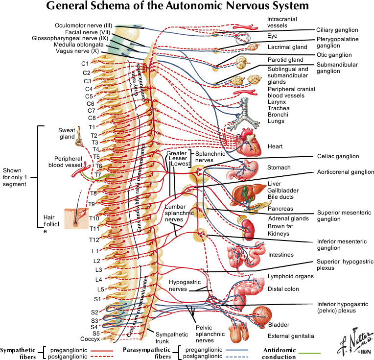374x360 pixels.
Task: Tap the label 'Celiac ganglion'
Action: (337, 157)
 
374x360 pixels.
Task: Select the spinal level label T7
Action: (98, 174)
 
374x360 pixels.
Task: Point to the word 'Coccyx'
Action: (91, 339)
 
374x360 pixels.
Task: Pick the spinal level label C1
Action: (85, 63)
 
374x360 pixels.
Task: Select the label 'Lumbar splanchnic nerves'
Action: (175, 214)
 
